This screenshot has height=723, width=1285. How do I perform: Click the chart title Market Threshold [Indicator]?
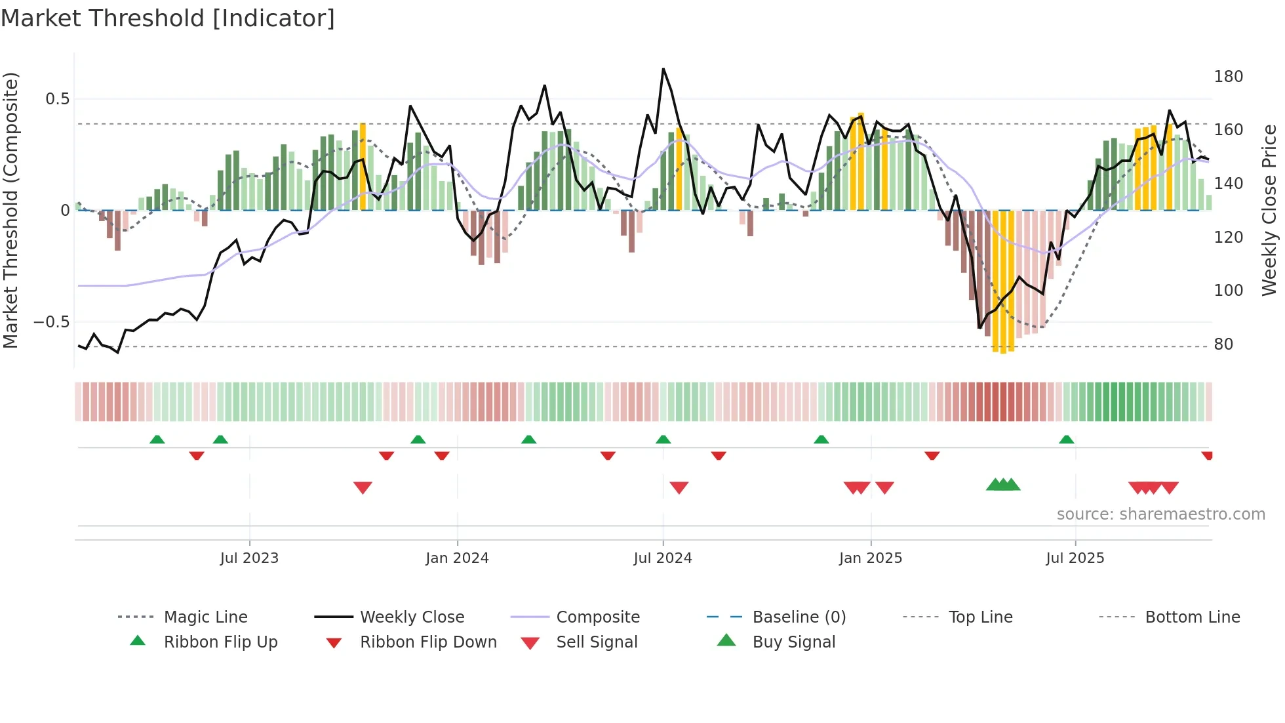[168, 18]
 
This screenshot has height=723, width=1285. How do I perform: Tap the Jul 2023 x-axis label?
[249, 558]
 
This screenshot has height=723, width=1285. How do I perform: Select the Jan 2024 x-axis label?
[457, 558]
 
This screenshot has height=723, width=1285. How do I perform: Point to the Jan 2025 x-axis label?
[871, 558]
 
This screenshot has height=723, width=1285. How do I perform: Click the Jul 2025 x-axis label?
[1075, 558]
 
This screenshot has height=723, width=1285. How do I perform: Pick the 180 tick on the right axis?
[1228, 77]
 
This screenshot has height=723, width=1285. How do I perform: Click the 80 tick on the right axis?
[1223, 344]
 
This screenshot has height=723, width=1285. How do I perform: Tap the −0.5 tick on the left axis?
[51, 322]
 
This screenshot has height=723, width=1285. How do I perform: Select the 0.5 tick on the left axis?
[57, 99]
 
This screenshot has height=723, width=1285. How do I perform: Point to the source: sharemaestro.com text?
[1160, 514]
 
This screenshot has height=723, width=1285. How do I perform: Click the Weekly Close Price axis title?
[1270, 210]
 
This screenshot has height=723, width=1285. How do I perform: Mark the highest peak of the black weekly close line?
[663, 69]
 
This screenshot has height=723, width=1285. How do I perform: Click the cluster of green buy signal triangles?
[1003, 485]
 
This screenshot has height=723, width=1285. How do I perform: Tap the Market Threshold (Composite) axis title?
[10, 210]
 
